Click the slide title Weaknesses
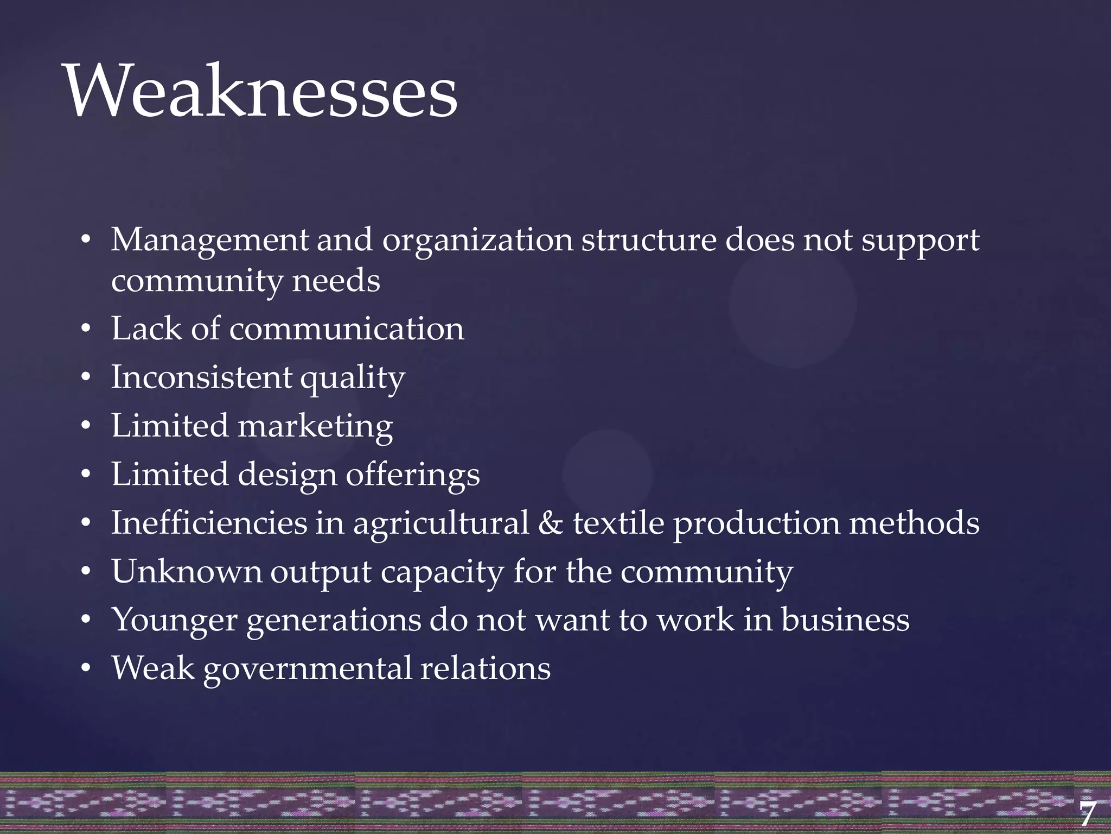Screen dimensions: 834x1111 coord(261,91)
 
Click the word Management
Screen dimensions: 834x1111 coord(209,241)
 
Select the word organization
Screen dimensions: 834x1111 coord(477,241)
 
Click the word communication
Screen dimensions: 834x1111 coord(347,329)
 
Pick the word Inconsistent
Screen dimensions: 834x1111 coord(201,377)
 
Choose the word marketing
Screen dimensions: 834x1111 coord(315,426)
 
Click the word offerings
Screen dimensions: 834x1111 coord(413,475)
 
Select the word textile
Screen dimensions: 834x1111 coord(618,523)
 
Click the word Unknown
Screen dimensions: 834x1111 coord(187,571)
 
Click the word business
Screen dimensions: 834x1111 coord(845,620)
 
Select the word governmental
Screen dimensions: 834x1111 coord(308,669)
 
